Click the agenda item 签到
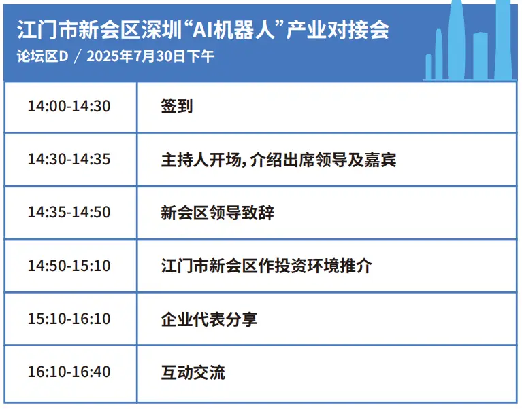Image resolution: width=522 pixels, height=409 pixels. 177,107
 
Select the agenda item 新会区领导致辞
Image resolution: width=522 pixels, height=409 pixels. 217,213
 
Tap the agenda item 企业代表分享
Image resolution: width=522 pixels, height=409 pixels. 209,319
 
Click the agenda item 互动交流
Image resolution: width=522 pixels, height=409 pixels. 193,372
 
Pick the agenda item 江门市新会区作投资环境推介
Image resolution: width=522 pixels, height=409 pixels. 266,266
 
